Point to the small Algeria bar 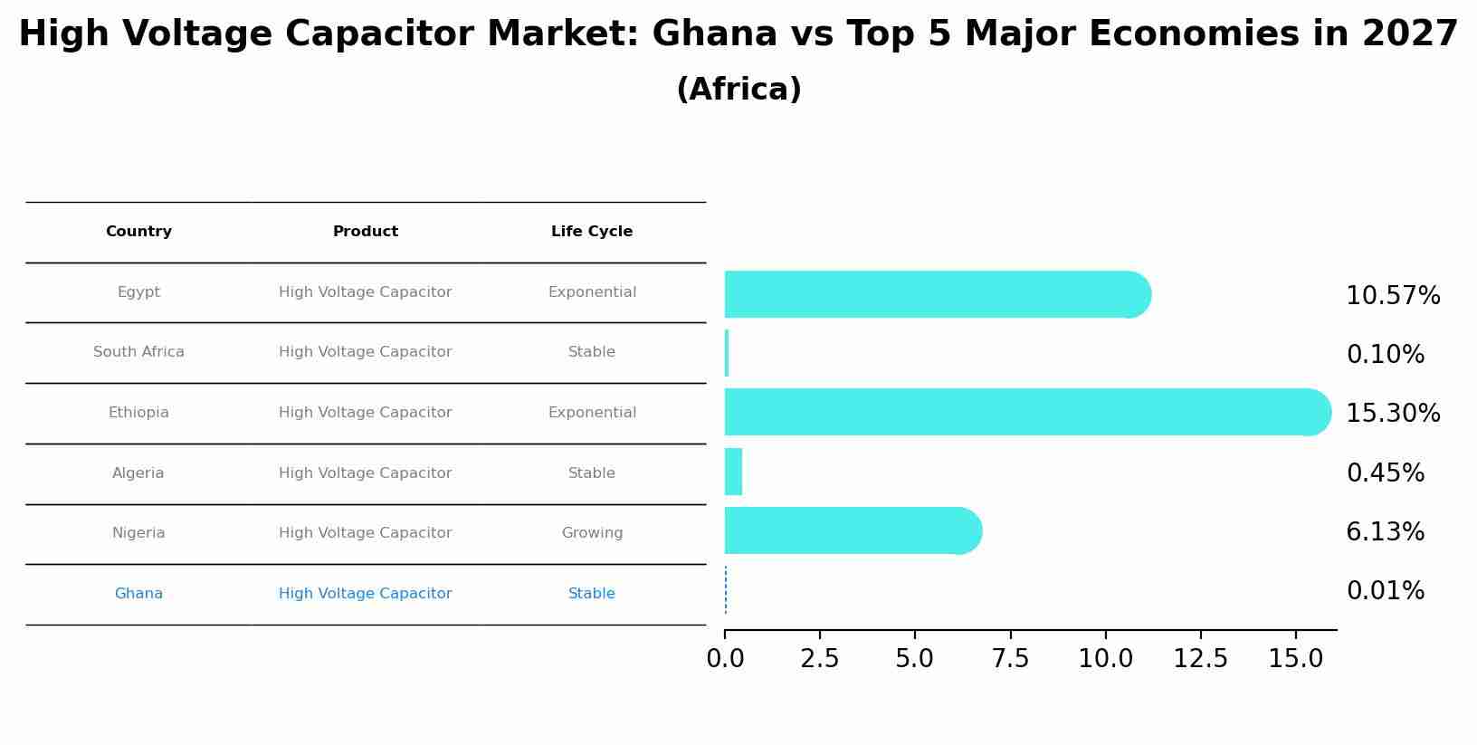click(x=733, y=472)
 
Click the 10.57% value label click(x=1392, y=296)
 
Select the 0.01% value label click(x=1385, y=591)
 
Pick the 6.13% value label click(x=1385, y=531)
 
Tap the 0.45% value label click(x=1385, y=473)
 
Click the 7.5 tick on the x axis click(x=1010, y=659)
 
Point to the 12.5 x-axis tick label click(x=1200, y=659)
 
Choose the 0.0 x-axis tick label click(x=725, y=659)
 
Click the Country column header click(x=138, y=232)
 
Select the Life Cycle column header click(x=592, y=232)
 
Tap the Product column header click(x=366, y=232)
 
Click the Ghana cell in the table click(x=138, y=594)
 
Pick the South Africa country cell click(x=138, y=352)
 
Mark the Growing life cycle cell click(x=592, y=533)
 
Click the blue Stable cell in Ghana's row click(x=592, y=594)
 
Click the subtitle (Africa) click(x=738, y=90)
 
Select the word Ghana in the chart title click(x=714, y=34)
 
